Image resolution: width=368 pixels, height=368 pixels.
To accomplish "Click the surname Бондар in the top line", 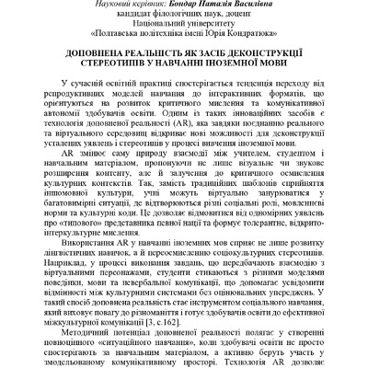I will tap(201, 5).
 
